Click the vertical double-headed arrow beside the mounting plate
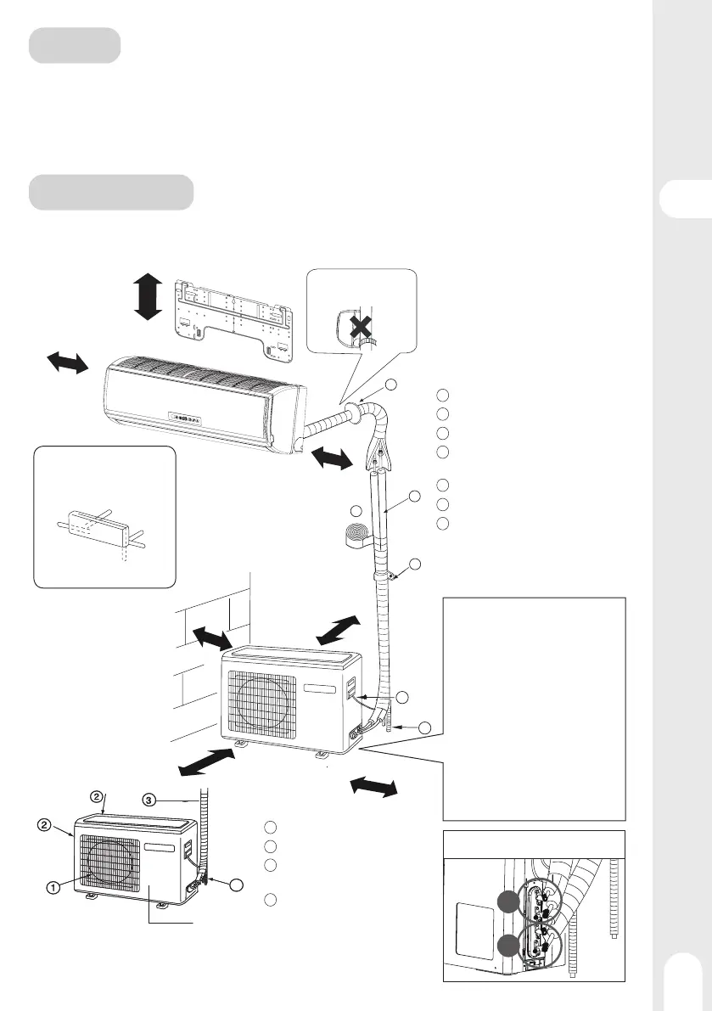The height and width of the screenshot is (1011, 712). pyautogui.click(x=148, y=296)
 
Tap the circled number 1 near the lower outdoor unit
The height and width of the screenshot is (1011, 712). pyautogui.click(x=53, y=888)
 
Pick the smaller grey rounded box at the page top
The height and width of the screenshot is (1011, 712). pyautogui.click(x=74, y=45)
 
